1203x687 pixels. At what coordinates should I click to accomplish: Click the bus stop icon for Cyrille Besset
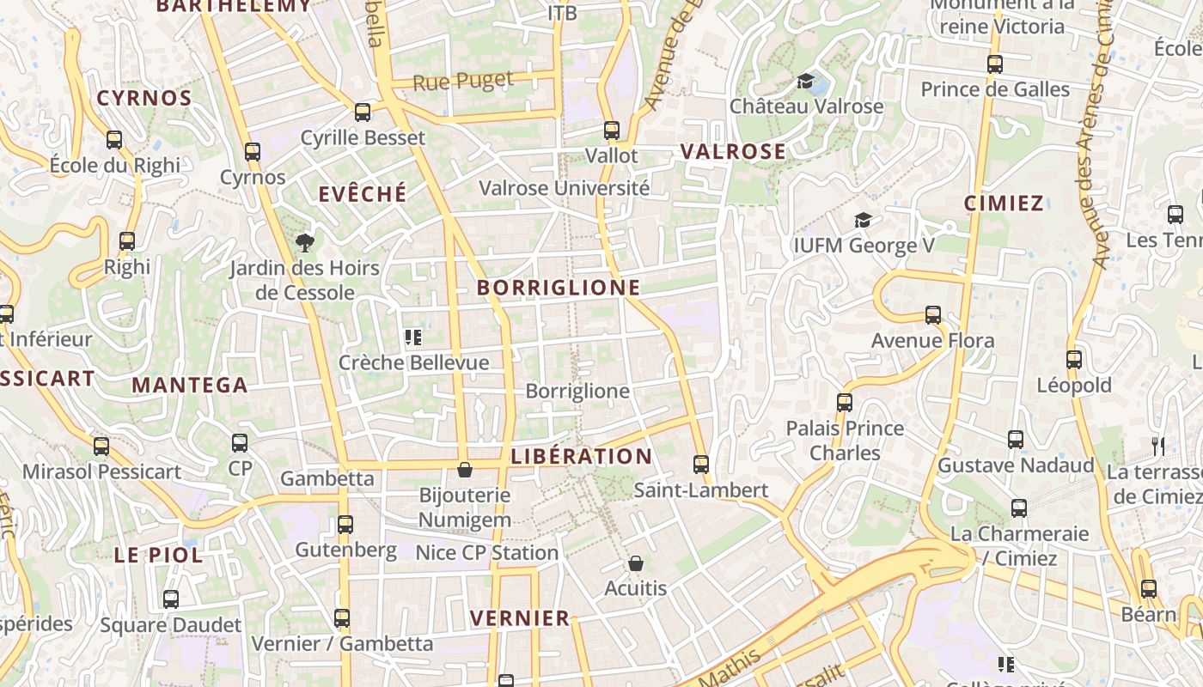click(363, 112)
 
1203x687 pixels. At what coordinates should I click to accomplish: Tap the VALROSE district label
click(733, 152)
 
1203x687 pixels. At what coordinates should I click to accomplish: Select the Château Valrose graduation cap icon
click(805, 82)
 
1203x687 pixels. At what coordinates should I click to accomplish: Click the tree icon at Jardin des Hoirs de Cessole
click(304, 243)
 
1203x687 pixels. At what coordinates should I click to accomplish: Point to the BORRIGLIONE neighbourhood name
click(559, 288)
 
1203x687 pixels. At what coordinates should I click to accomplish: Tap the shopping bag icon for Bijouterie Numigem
click(465, 470)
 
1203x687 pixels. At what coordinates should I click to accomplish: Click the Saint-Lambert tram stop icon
click(701, 465)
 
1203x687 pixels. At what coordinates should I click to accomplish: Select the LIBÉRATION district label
click(582, 456)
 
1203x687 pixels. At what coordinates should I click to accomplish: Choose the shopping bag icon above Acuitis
click(636, 563)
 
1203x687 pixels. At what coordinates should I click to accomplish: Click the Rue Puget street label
click(463, 82)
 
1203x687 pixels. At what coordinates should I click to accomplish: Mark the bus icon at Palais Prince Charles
click(845, 402)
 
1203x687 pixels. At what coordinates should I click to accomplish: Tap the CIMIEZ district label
click(1004, 204)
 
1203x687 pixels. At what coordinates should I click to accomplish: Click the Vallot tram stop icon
click(612, 131)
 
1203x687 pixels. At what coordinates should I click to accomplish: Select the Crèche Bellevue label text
click(413, 362)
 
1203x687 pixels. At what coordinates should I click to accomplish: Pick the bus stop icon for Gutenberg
click(345, 524)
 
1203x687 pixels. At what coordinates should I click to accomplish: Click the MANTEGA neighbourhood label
click(190, 386)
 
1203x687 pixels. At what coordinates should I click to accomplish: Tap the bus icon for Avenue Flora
click(933, 315)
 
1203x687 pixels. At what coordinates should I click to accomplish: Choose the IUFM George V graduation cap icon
click(863, 221)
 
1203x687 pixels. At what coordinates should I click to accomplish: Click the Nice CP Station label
click(487, 553)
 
